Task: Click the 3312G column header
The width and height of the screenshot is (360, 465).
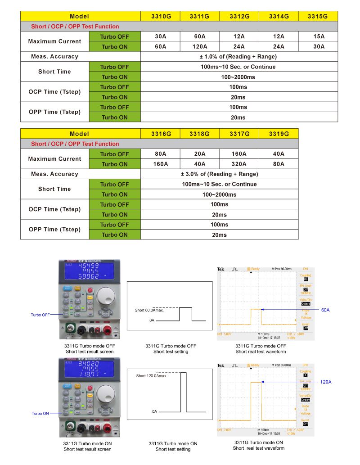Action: (x=239, y=16)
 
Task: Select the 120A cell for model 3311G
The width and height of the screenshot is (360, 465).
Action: (x=199, y=46)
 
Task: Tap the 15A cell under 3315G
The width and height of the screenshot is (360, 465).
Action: (x=318, y=36)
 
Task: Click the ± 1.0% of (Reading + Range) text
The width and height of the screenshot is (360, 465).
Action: (x=238, y=57)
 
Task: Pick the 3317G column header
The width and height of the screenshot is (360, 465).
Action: (x=239, y=134)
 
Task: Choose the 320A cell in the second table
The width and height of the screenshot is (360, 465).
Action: (x=239, y=164)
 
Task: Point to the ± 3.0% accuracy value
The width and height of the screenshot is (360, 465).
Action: (x=219, y=174)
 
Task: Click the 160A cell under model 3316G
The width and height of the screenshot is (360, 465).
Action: (x=160, y=164)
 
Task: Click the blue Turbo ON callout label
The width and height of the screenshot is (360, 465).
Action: (x=40, y=413)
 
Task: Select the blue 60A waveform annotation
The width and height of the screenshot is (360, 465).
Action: (x=325, y=310)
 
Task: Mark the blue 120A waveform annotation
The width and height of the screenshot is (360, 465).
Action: (x=325, y=382)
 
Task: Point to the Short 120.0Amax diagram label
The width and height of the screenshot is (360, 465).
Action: (x=151, y=375)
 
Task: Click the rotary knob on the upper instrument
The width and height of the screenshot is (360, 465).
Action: (x=106, y=298)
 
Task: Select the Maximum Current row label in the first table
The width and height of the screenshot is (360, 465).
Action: (x=54, y=41)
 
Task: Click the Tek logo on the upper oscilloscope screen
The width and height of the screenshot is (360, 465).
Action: (x=220, y=269)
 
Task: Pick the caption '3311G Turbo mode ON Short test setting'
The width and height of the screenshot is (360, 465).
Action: (x=173, y=446)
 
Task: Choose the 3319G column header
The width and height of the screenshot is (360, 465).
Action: (x=279, y=134)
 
